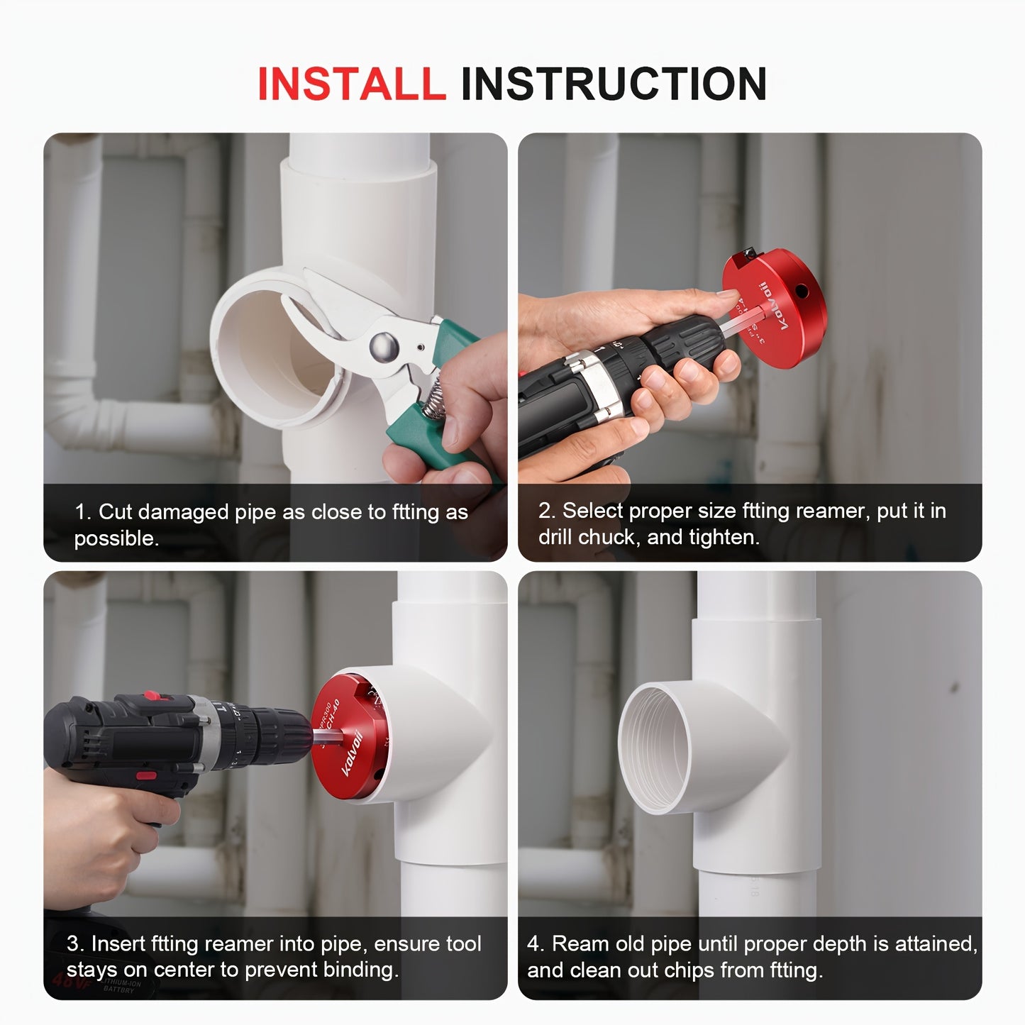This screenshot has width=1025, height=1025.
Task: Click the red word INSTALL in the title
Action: (351, 84)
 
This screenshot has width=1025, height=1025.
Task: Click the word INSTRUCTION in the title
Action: (614, 84)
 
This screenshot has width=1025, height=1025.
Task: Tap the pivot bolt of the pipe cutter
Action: (384, 346)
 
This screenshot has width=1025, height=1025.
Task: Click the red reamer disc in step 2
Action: (777, 312)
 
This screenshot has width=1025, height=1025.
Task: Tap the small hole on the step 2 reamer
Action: (802, 291)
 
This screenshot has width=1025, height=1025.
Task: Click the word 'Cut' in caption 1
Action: (114, 512)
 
